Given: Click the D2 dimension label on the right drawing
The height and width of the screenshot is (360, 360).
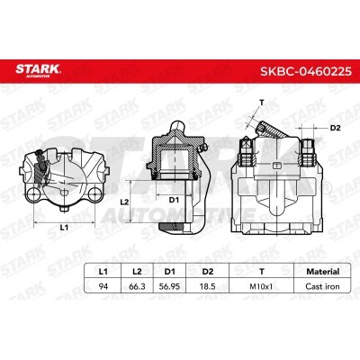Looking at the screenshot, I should (x=336, y=127).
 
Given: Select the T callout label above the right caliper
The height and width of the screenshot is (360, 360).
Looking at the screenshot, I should (x=261, y=102).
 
